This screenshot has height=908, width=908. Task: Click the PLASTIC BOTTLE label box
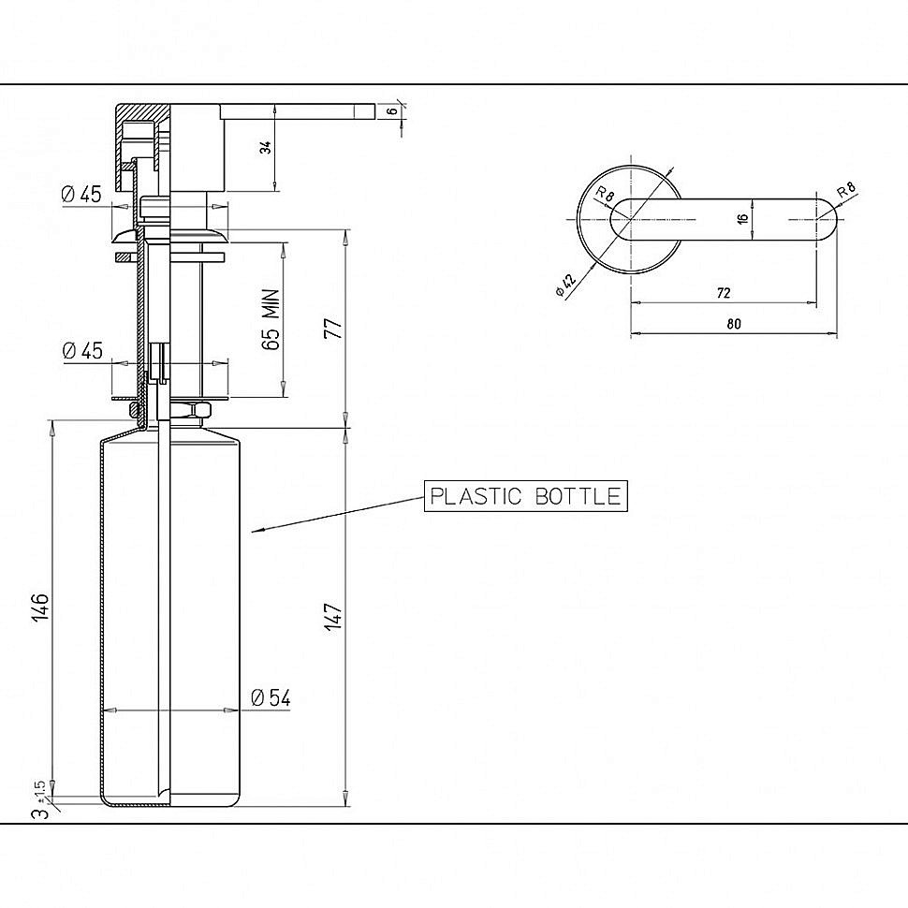(526, 496)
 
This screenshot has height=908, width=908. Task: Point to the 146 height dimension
(40, 608)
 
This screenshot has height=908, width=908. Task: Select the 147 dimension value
(334, 616)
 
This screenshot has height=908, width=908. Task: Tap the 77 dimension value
(335, 329)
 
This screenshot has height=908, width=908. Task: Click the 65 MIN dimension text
(271, 319)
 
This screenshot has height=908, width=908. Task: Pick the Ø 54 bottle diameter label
(271, 697)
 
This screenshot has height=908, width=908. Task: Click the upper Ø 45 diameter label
(81, 194)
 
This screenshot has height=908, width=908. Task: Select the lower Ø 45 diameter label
(82, 350)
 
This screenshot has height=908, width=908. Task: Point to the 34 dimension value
(265, 148)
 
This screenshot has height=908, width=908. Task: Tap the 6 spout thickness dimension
(393, 111)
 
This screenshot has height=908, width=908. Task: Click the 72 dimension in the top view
(724, 293)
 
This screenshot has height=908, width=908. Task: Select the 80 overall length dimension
(734, 324)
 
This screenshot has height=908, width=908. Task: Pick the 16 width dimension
(743, 219)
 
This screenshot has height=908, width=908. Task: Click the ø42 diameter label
(565, 285)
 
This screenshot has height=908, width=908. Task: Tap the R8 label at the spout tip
(846, 189)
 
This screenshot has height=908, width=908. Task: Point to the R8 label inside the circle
(605, 194)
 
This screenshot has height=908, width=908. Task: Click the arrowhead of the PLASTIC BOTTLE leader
(256, 529)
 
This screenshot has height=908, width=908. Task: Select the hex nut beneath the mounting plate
(201, 411)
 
